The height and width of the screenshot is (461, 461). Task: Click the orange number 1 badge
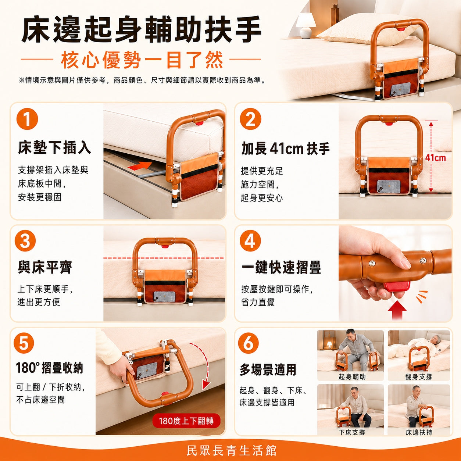coord(27,119)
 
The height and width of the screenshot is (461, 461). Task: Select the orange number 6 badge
coord(249,343)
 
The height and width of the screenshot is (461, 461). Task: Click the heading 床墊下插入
coord(54,147)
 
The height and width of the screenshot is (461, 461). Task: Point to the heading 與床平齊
coord(45,267)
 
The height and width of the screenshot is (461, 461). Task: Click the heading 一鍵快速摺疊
coord(281,267)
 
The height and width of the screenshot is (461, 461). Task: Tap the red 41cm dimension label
coord(435,158)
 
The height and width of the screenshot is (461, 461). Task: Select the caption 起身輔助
coord(352,377)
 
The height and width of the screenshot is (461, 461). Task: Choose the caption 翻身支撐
coord(419,377)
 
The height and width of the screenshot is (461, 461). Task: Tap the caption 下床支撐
coord(352,433)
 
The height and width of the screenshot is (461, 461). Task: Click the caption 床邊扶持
coord(419,433)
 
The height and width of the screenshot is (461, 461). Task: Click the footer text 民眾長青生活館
coord(231,451)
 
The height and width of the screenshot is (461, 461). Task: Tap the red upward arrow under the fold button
coord(397,310)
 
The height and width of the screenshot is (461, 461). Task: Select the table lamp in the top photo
coord(305,25)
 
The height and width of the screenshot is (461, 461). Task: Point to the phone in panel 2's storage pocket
coord(389,186)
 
